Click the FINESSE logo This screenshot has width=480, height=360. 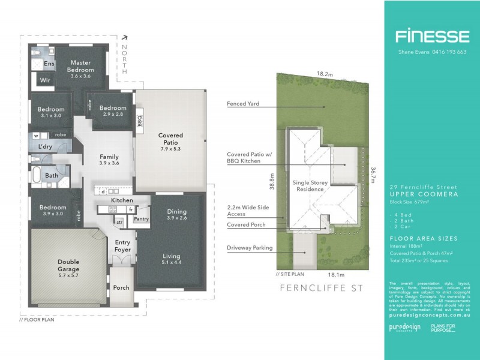(431, 37)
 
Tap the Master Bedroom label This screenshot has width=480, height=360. (81, 66)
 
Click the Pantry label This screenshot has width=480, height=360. (142, 219)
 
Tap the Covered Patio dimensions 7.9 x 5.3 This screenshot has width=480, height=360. (170, 148)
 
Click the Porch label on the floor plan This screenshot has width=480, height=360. (121, 287)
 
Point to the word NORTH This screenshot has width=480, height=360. (124, 59)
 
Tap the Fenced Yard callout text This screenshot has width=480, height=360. (243, 103)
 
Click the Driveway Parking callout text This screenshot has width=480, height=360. (249, 247)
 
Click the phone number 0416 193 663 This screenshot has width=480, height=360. (445, 52)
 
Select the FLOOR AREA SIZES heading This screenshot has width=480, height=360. (423, 239)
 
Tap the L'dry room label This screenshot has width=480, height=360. (44, 146)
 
